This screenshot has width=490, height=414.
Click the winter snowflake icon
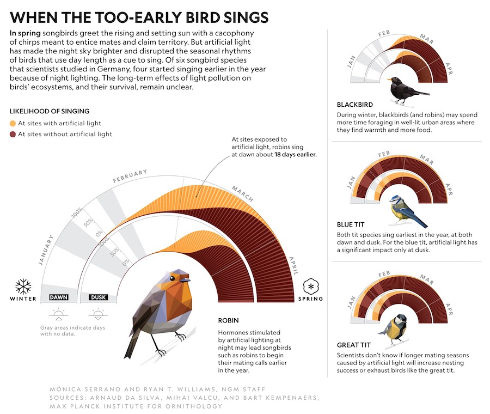pos(23,287)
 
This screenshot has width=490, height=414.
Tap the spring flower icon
pos(311,287)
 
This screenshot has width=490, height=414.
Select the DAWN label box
pos(59,297)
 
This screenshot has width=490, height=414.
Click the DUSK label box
pos(99,297)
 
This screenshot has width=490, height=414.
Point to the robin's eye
pos(172,278)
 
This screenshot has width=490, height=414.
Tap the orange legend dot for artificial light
pos(13,124)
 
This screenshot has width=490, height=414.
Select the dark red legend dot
pos(13,135)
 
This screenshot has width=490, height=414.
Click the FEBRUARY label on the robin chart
pos(130,176)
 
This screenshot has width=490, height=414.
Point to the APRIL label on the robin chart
pos(294,266)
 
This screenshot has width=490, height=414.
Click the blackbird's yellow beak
pos(389,80)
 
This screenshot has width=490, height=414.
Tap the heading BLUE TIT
pos(351,224)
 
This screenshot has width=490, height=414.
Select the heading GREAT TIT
pos(354,345)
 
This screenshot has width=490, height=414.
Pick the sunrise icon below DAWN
pos(58,314)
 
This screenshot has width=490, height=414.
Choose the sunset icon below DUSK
pos(98,314)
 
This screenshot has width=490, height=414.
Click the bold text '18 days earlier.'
pos(296,155)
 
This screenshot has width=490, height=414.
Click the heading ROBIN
pos(229,320)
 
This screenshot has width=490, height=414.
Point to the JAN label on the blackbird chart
pos(352,62)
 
